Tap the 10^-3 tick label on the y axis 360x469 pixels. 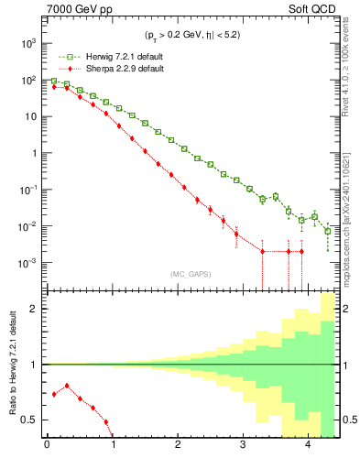(28, 263)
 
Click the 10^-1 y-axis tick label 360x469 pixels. (28, 190)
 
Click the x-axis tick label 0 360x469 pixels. (47, 446)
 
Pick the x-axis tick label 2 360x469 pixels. (178, 446)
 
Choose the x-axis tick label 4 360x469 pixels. (308, 446)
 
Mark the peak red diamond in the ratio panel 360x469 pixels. (67, 386)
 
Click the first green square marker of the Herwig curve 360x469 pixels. (54, 81)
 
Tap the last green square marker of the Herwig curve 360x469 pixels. (328, 231)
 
